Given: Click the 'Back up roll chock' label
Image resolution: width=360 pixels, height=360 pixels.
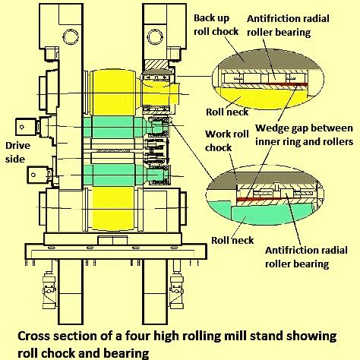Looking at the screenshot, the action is click(216, 25).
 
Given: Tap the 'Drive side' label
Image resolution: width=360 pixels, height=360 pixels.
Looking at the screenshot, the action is click(17, 152).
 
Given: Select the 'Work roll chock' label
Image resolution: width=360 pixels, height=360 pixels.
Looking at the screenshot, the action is click(227, 141).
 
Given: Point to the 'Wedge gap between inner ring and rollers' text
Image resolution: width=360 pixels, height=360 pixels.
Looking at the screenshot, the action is click(304, 134).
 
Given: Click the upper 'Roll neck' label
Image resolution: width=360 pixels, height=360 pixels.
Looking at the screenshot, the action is click(227, 112).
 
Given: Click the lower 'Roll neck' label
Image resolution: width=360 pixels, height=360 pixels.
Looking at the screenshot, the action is click(232, 240).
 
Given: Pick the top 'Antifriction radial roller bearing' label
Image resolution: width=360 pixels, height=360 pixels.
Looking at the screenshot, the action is click(288, 25).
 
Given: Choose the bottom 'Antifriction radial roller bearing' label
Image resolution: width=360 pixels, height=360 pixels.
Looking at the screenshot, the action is click(306, 257).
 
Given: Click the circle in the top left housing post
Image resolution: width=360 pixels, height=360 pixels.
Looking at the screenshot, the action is click(71, 36).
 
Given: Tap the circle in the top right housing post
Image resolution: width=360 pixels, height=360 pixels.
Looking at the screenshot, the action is click(156, 36).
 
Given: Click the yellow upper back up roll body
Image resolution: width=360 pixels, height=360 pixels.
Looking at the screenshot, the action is click(112, 93).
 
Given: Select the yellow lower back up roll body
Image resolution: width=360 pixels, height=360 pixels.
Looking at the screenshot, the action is click(113, 209).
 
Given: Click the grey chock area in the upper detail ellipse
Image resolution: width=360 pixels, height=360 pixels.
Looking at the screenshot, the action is click(266, 58).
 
